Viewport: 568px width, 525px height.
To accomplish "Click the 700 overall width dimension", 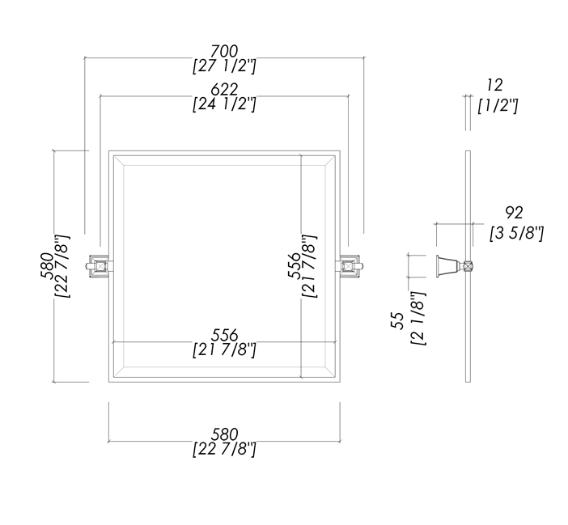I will coord(225,52).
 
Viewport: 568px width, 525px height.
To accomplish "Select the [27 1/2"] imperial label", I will coord(225,67).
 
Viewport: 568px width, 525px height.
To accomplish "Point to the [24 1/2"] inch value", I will coord(225,104).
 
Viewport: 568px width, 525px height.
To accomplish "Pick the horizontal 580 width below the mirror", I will coord(225,435).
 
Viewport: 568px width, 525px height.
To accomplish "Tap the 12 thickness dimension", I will coord(495,83).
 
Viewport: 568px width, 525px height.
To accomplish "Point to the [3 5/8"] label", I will coord(516,233).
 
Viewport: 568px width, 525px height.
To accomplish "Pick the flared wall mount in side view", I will coord(446,265).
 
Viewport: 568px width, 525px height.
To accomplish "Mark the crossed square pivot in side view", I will coord(468,265).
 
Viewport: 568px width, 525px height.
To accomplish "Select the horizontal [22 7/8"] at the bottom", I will coord(225,450).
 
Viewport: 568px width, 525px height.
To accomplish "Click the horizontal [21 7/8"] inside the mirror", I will coord(225,349).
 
